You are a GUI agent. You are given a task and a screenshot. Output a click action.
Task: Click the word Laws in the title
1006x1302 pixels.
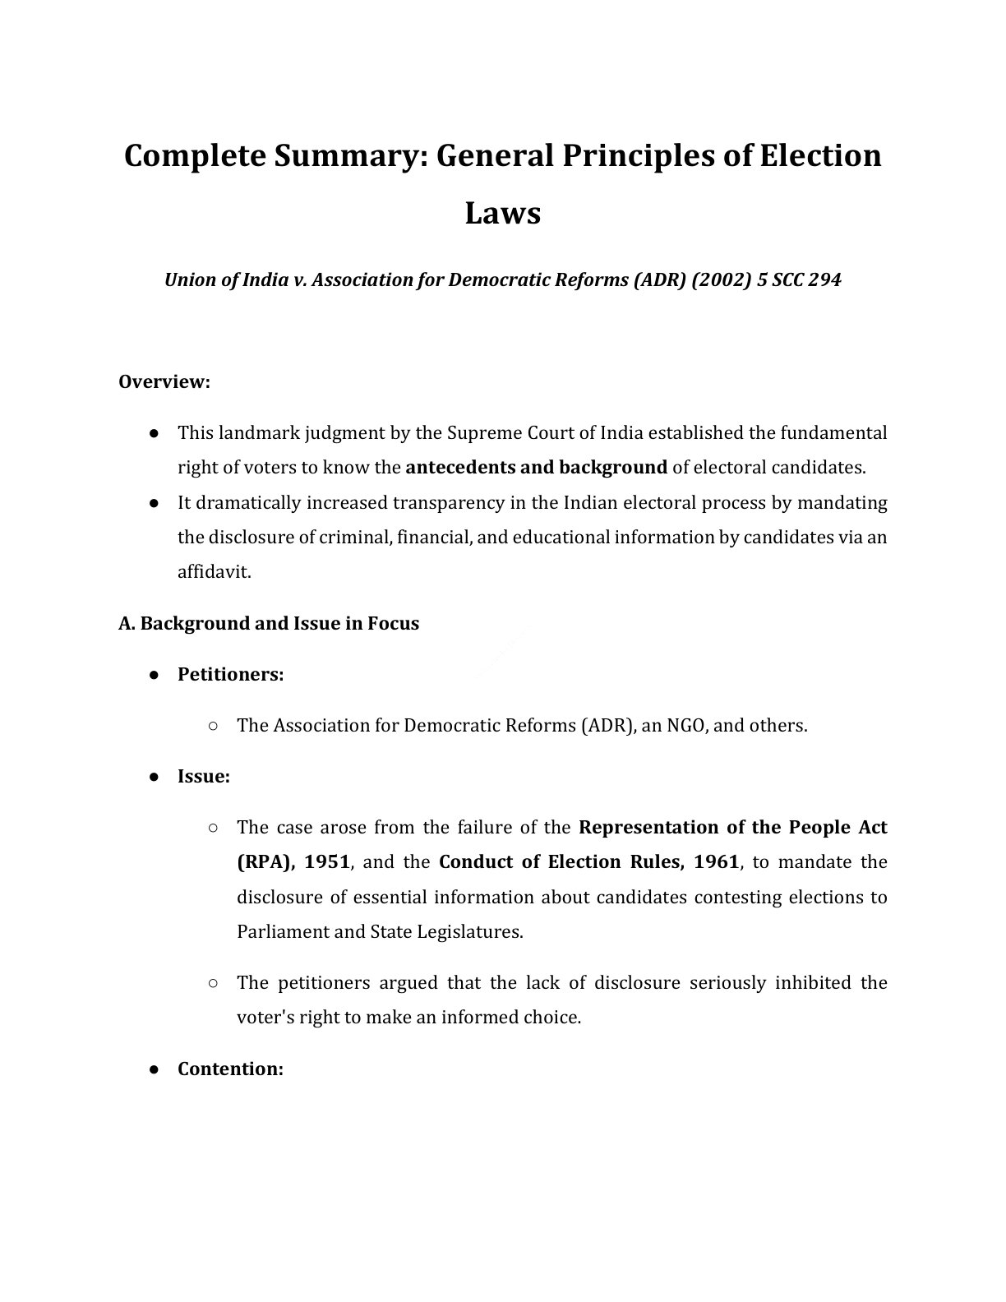[x=502, y=213]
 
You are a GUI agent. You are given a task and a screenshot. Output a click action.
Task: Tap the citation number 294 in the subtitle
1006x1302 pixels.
[x=824, y=279]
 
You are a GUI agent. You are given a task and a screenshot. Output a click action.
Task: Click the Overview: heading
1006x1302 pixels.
[x=164, y=382]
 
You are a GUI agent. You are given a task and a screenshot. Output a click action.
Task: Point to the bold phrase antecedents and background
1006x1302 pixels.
[x=536, y=468]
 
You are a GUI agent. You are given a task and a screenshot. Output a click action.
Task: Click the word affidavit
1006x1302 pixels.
[x=214, y=572]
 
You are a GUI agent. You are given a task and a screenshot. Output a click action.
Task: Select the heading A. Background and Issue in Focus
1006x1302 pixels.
[x=269, y=623]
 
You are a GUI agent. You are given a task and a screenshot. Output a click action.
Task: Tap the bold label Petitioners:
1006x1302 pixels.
[x=230, y=675]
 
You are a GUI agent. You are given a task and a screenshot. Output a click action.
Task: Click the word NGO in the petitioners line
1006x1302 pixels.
[x=685, y=726]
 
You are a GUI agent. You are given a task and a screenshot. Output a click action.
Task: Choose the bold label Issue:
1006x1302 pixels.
[x=203, y=777]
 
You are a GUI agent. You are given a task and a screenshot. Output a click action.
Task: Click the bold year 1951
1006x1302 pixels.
[x=327, y=862]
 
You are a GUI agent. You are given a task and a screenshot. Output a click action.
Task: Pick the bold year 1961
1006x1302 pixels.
[x=716, y=862]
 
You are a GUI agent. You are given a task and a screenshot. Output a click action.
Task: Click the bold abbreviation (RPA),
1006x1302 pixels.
[x=265, y=862]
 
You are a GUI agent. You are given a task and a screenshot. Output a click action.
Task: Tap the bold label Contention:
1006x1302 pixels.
[x=230, y=1069]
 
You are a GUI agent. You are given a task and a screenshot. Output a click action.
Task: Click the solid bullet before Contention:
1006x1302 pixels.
[x=154, y=1069]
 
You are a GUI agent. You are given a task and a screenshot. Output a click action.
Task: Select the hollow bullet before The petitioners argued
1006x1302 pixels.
[x=213, y=983]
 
